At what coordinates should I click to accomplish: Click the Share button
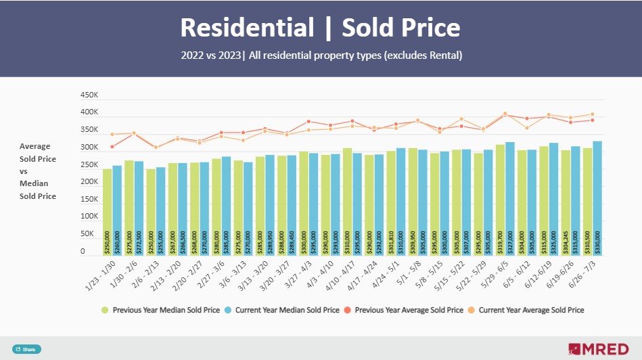26,349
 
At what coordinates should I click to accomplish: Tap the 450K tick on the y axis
89,95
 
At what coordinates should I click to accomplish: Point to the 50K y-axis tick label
87,233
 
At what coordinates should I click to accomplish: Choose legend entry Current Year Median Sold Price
288,310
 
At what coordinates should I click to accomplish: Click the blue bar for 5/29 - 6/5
510,199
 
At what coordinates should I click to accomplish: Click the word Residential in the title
247,28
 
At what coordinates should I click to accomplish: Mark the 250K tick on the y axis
89,164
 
